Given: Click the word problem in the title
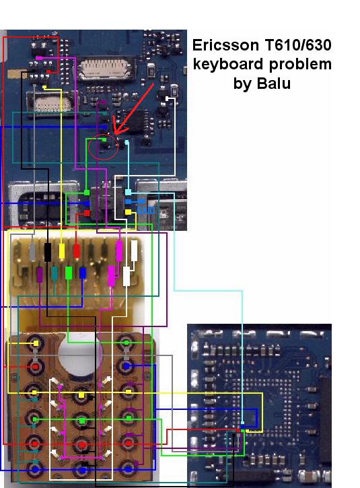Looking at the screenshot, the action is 300,65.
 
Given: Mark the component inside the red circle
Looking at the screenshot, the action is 106,144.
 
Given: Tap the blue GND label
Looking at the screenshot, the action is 146,211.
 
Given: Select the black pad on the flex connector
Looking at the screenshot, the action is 48,252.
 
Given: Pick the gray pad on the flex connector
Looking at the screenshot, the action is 33,252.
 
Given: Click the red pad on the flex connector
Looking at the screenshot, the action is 77,252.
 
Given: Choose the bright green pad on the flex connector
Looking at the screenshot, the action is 69,273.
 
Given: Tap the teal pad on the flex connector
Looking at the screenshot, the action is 55,273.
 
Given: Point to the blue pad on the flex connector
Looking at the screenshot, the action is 83,273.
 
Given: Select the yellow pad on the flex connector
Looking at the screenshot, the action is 62,251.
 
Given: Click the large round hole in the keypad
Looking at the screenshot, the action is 79,355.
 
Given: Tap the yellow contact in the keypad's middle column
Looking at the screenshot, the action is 81,395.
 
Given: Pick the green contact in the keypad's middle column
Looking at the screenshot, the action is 82,421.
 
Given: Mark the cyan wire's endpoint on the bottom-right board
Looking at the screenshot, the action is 242,423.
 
